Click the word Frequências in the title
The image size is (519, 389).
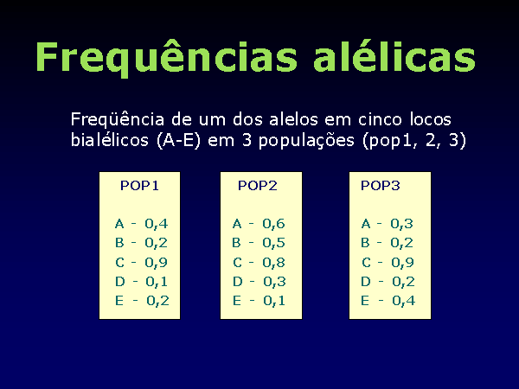(166, 57)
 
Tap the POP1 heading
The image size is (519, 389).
(139, 186)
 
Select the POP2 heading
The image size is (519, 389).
(258, 186)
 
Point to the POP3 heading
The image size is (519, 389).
(381, 186)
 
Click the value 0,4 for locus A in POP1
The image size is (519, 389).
(157, 224)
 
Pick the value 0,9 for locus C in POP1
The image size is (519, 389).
(157, 263)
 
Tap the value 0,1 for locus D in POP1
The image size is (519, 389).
(157, 282)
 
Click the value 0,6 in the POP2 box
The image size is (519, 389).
(273, 224)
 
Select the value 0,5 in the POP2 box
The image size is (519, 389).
(273, 243)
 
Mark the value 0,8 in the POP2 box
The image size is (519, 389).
(273, 263)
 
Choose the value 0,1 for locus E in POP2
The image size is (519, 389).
(274, 301)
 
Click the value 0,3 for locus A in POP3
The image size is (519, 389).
(402, 224)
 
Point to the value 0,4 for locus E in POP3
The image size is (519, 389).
(403, 301)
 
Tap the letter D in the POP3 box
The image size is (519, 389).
(366, 282)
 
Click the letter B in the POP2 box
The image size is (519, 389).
(236, 243)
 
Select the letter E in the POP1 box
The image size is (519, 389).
(119, 301)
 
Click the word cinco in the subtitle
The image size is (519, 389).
(381, 120)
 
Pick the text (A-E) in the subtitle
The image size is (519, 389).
(178, 141)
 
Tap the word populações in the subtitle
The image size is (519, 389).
(306, 141)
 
